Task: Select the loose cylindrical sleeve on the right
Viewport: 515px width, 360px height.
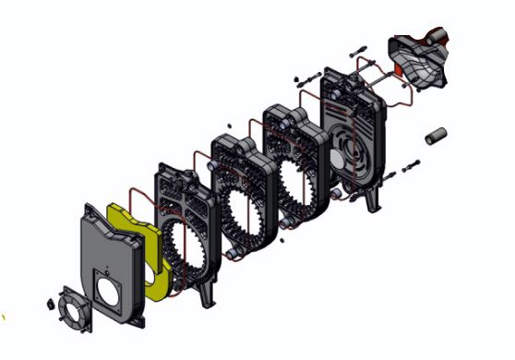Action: tap(435, 137)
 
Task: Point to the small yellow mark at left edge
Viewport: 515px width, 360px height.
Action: tap(3, 318)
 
